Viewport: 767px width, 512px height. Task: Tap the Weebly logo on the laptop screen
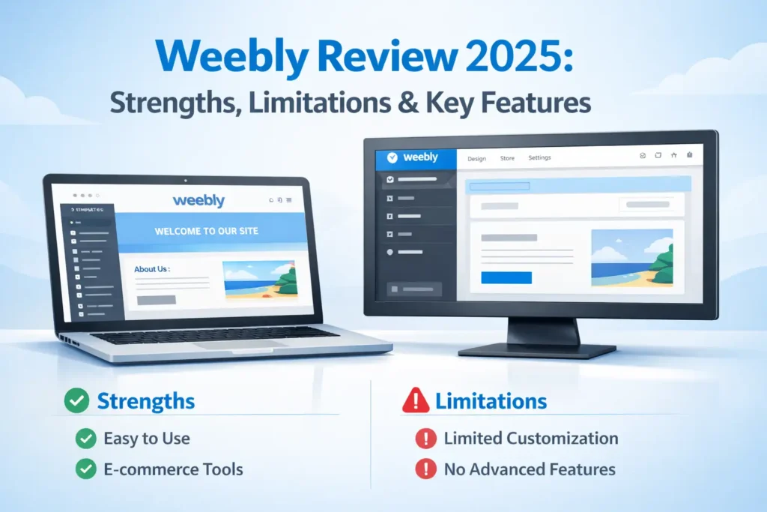click(198, 201)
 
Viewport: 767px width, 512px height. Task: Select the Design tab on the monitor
click(476, 158)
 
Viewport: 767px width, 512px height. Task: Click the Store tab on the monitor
click(507, 158)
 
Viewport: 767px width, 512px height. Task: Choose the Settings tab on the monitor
click(539, 158)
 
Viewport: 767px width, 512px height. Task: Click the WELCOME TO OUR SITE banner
click(206, 231)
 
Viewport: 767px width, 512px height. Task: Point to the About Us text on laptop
click(152, 268)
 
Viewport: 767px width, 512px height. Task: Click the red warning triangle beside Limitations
click(416, 402)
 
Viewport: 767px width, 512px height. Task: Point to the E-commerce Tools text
click(172, 470)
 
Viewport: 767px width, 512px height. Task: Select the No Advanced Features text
click(530, 470)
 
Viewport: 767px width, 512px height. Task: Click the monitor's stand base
click(536, 350)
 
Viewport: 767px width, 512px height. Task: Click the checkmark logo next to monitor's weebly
click(389, 157)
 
